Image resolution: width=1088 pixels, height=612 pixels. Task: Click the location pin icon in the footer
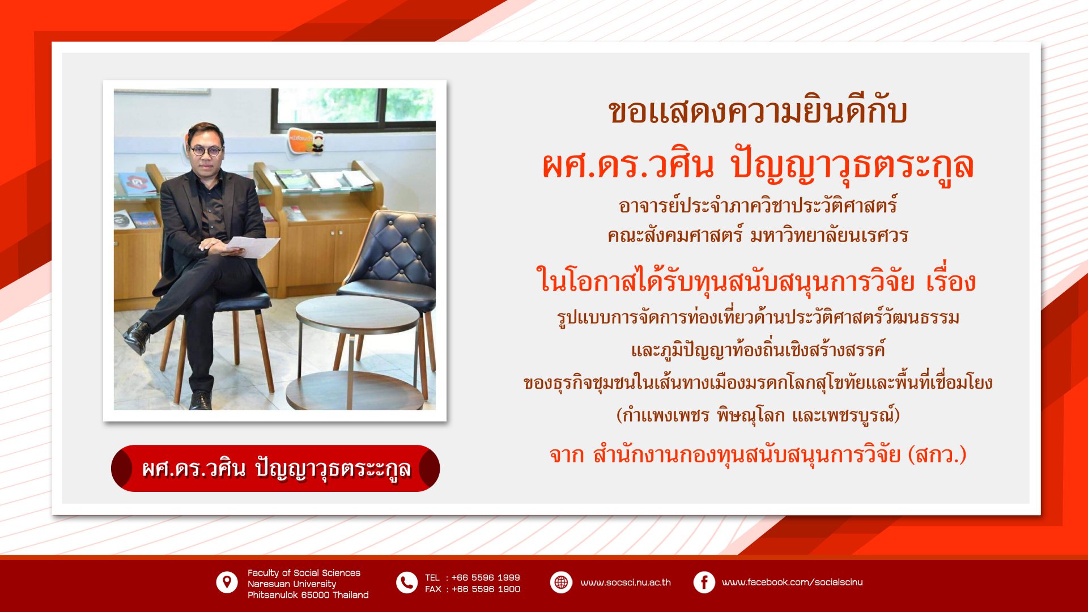(227, 582)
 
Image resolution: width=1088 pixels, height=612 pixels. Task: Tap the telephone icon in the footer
(407, 583)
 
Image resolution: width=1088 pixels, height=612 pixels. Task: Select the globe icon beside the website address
(561, 583)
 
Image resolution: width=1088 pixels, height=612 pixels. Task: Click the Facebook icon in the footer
(704, 583)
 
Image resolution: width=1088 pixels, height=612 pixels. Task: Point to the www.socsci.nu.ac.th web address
(626, 583)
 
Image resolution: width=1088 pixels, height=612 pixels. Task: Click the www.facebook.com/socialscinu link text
(792, 583)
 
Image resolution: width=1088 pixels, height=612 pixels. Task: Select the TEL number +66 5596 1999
(486, 577)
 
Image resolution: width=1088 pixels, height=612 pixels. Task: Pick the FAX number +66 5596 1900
(486, 589)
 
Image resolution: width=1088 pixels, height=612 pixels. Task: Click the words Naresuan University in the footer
(292, 584)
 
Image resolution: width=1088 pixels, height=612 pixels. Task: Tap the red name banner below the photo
(275, 468)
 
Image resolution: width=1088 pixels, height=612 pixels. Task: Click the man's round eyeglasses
(206, 151)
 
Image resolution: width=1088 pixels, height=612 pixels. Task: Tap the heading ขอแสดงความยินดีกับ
(758, 111)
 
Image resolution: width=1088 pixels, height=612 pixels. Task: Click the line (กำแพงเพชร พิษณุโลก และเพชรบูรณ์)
(758, 415)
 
